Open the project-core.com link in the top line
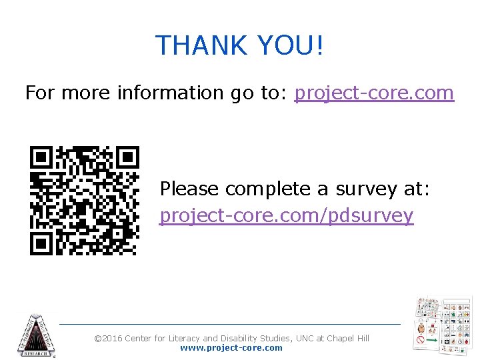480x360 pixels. pyautogui.click(x=374, y=93)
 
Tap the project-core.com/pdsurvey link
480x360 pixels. pyautogui.click(x=287, y=216)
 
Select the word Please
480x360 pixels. pyautogui.click(x=189, y=189)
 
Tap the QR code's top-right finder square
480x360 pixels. pyautogui.click(x=127, y=158)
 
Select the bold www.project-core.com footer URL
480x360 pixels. pyautogui.click(x=231, y=348)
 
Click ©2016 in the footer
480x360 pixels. pyautogui.click(x=109, y=339)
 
